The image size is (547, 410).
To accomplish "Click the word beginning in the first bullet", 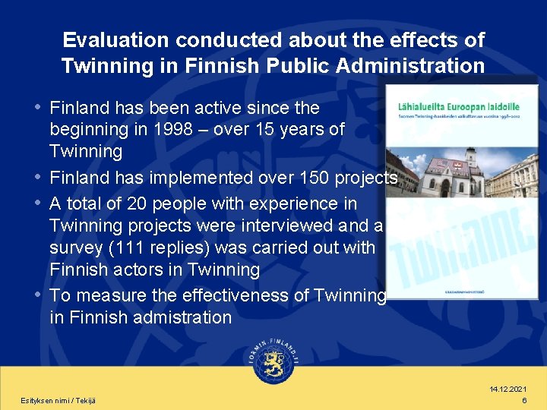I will tap(86, 130).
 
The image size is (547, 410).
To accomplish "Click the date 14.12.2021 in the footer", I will tap(508, 389).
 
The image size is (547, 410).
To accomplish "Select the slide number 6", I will tap(524, 400).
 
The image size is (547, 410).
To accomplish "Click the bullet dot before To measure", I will tap(38, 295).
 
